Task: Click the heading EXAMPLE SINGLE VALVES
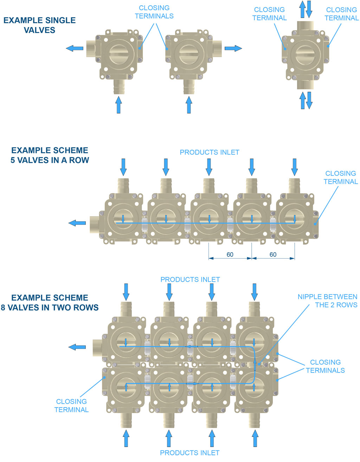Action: pyautogui.click(x=39, y=25)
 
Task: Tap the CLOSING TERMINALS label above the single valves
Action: pyautogui.click(x=154, y=12)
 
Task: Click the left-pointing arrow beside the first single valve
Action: pyautogui.click(x=75, y=48)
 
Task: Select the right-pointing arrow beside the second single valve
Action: pyautogui.click(x=233, y=48)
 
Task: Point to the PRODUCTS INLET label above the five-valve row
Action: pyautogui.click(x=210, y=152)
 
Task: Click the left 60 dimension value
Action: pyautogui.click(x=230, y=254)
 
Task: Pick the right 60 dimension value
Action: pyautogui.click(x=273, y=254)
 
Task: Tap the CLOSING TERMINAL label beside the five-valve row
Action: pyautogui.click(x=340, y=177)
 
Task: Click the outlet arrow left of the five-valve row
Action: pyautogui.click(x=77, y=223)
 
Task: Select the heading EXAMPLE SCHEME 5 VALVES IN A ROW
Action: pyautogui.click(x=50, y=155)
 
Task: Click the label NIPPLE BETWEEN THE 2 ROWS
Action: pyautogui.click(x=327, y=301)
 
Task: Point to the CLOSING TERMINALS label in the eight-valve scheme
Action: pyautogui.click(x=325, y=366)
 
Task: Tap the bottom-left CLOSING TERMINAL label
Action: pyautogui.click(x=71, y=405)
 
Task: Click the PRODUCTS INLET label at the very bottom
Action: pyautogui.click(x=190, y=453)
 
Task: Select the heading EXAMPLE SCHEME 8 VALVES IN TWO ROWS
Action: pyautogui.click(x=50, y=302)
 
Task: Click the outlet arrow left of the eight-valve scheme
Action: pyautogui.click(x=77, y=347)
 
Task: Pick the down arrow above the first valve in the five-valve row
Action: pyautogui.click(x=123, y=167)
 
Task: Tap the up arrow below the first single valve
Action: pyautogui.click(x=118, y=105)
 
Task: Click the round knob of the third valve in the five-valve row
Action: pyautogui.click(x=209, y=219)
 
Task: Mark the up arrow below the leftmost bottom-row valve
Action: pyautogui.click(x=126, y=438)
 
